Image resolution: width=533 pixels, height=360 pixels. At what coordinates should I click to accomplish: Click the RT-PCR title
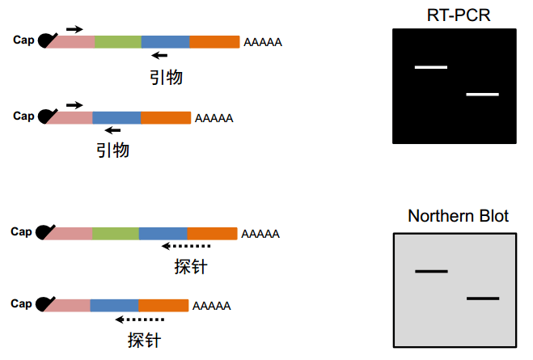[x=459, y=15]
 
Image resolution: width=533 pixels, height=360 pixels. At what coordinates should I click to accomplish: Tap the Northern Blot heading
[x=459, y=216]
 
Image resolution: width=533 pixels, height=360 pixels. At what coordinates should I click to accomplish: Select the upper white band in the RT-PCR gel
[x=430, y=67]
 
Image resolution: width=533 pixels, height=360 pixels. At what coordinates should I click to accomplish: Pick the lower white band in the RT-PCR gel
[x=482, y=94]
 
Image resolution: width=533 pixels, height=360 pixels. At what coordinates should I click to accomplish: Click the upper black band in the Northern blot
[x=431, y=271]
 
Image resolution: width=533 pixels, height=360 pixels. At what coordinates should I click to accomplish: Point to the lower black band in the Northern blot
[x=483, y=299]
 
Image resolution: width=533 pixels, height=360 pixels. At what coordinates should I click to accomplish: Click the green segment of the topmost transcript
[x=118, y=42]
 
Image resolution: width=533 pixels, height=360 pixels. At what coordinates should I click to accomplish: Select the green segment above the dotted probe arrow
[x=116, y=234]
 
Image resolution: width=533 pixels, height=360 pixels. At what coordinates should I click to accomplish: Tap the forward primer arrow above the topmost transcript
[x=74, y=29]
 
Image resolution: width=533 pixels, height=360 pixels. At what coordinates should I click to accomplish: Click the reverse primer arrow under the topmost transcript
[x=159, y=55]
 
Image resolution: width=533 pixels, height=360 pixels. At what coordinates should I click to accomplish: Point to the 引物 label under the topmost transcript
[x=167, y=78]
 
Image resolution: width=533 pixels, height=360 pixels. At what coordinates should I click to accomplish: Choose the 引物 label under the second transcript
[x=113, y=150]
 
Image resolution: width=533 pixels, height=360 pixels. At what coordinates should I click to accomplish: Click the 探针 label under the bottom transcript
[x=144, y=340]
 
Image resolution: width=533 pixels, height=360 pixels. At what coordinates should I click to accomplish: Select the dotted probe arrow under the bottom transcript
[x=140, y=320]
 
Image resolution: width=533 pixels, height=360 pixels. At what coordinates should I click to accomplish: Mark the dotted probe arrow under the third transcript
[x=186, y=246]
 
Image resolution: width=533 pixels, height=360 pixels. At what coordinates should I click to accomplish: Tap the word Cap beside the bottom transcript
[x=21, y=303]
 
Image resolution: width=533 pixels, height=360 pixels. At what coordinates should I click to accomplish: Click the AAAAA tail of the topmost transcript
[x=263, y=42]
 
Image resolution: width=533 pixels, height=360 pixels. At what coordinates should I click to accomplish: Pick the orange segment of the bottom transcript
[x=163, y=306]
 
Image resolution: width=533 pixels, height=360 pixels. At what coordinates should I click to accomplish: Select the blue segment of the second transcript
[x=116, y=118]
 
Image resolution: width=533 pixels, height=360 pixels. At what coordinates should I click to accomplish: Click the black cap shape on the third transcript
[x=44, y=232]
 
